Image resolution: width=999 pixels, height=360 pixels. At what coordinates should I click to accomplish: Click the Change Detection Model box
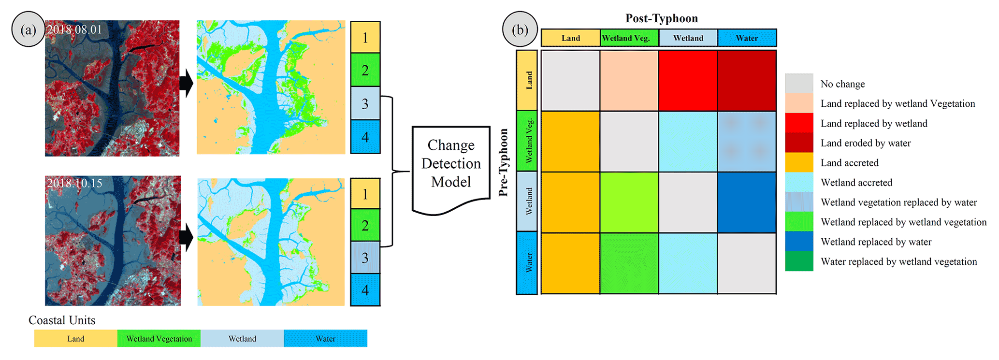point(450,164)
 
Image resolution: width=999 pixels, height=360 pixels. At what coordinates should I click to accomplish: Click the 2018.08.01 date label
point(74,29)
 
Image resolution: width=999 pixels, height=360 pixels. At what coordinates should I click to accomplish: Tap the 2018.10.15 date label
point(74,184)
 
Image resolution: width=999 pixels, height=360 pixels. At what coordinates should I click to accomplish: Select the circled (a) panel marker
point(28,30)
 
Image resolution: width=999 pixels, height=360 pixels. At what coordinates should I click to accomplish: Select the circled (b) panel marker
point(520,30)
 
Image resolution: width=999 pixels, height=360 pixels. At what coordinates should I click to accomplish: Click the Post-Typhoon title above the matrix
point(661,18)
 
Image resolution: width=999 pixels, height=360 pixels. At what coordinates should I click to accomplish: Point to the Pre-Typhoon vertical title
point(503,162)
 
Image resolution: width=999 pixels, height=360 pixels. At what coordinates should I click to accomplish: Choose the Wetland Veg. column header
point(629,38)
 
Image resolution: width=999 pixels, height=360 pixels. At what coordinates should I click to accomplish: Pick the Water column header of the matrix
point(747,38)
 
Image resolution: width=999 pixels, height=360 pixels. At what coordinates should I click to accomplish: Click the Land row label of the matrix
point(527,80)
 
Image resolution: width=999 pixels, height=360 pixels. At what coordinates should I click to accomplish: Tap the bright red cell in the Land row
point(688,81)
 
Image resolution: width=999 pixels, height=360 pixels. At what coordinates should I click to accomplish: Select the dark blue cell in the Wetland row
point(747,202)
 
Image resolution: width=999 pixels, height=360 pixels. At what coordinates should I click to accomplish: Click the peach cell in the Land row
point(629,81)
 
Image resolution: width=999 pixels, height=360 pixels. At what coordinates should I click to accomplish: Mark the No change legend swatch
point(798,84)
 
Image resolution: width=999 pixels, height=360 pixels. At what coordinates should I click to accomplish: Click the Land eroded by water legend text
point(865,143)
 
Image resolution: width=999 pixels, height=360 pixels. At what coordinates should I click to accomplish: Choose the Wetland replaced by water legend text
point(876,242)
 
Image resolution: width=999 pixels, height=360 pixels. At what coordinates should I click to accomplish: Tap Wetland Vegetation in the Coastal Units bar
point(159,339)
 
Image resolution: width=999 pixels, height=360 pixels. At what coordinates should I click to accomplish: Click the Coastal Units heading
point(62,320)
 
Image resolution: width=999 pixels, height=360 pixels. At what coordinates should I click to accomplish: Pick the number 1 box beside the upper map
point(365,37)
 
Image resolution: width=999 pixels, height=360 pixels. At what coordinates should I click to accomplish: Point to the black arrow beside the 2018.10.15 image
point(187,237)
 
